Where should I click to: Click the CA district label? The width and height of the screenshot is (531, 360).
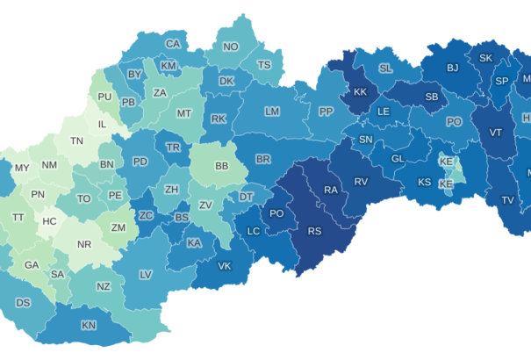click(x=174, y=44)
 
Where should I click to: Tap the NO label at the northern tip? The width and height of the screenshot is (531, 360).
click(x=231, y=47)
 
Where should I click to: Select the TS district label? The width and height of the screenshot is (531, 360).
click(x=264, y=65)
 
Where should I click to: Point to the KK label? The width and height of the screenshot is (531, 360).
click(x=360, y=93)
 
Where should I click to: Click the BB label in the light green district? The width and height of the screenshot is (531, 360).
click(x=221, y=165)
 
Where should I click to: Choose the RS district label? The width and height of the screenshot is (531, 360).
click(x=314, y=232)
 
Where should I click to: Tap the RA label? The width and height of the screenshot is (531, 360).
click(x=331, y=190)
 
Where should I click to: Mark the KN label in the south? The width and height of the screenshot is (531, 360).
click(x=89, y=326)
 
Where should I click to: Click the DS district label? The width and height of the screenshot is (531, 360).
click(x=23, y=303)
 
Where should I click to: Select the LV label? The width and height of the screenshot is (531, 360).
click(x=146, y=275)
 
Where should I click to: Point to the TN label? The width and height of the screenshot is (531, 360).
click(x=77, y=140)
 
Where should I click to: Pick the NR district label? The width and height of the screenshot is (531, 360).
click(x=85, y=244)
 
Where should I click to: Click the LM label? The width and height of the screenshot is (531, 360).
click(x=272, y=112)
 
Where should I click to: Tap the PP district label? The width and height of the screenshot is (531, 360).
click(x=326, y=112)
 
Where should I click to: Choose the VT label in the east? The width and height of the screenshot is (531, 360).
click(x=496, y=133)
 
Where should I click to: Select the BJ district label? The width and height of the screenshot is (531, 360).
click(x=453, y=68)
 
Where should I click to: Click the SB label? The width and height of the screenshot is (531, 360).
click(x=432, y=97)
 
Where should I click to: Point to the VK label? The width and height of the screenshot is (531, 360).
click(x=224, y=266)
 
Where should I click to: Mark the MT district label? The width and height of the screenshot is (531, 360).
click(x=184, y=113)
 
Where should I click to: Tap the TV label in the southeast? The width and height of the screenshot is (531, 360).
click(x=507, y=200)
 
